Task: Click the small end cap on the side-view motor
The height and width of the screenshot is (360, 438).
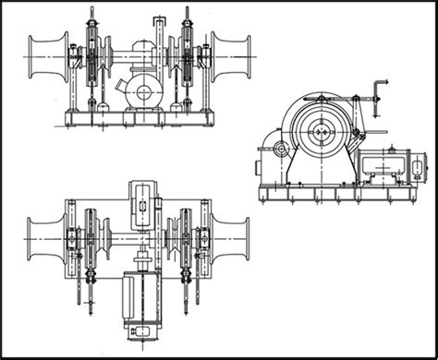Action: (x=420, y=167)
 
